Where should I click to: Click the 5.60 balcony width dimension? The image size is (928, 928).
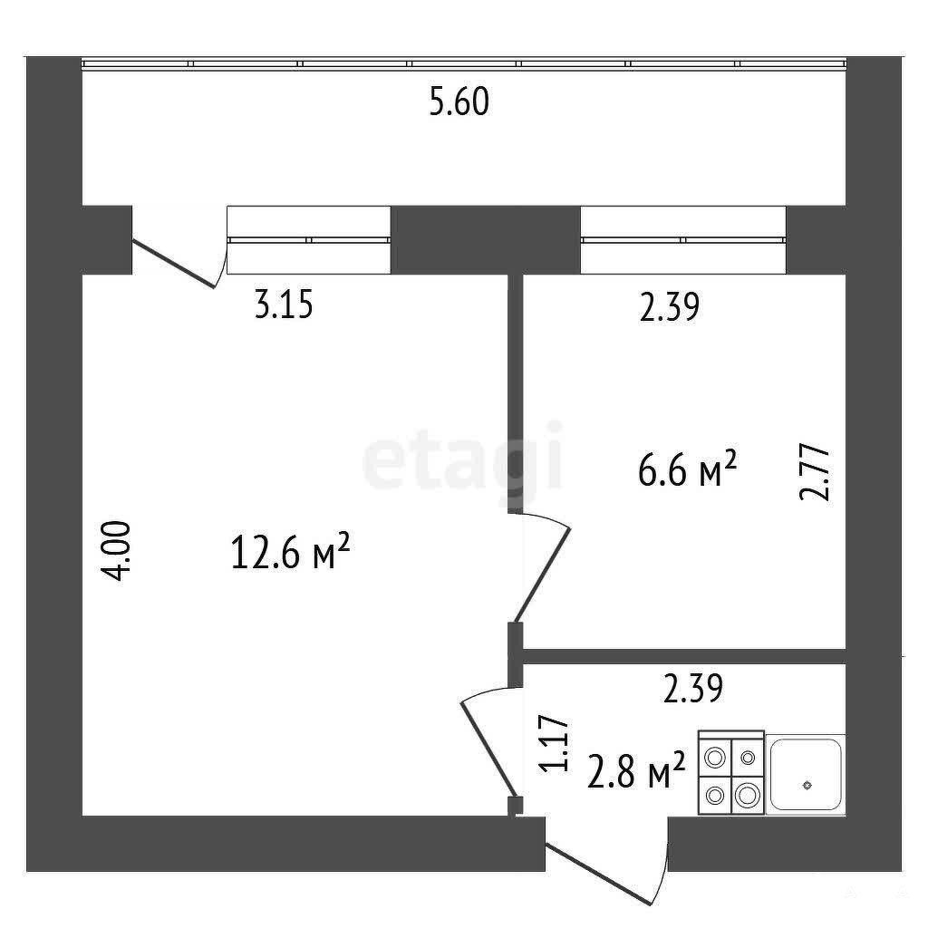pos(459,101)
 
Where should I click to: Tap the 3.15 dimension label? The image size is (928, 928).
pos(284,306)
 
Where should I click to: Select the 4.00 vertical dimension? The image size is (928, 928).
pos(115,550)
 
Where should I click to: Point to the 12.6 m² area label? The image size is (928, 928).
pos(291,552)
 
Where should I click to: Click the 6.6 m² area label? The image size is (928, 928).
pos(688,469)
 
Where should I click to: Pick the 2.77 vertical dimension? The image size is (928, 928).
pos(815,472)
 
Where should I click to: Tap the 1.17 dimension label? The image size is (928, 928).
pos(554,744)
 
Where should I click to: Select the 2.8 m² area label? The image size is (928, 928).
pos(636,770)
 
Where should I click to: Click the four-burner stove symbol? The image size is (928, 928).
pos(731,772)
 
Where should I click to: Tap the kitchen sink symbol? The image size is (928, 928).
pos(806,775)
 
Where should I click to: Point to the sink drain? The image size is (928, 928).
pos(807,786)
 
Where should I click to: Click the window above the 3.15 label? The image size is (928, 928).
pos(309,239)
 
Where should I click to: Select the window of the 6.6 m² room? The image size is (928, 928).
pos(683,239)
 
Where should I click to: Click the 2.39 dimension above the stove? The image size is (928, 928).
pos(692,689)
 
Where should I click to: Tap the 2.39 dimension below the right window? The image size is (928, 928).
pos(670,307)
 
